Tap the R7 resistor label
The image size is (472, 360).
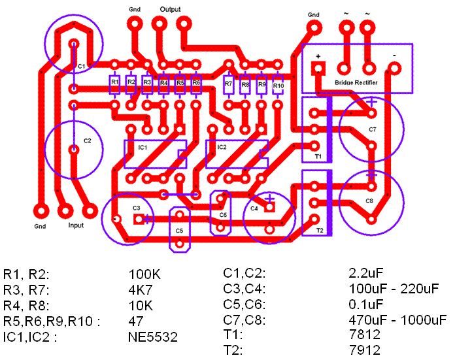[x=228, y=84]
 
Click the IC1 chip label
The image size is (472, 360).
[x=143, y=148]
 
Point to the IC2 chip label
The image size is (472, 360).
[x=222, y=148]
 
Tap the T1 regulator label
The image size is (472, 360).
[x=318, y=157]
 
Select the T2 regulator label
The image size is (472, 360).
[x=320, y=231]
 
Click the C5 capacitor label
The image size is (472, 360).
[x=179, y=231]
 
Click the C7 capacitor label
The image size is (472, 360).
[x=372, y=129]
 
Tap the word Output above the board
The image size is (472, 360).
[x=170, y=10]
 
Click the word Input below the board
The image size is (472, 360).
[x=76, y=225]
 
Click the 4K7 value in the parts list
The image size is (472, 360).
[x=141, y=289]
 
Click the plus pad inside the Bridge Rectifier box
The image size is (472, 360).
[x=318, y=68]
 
